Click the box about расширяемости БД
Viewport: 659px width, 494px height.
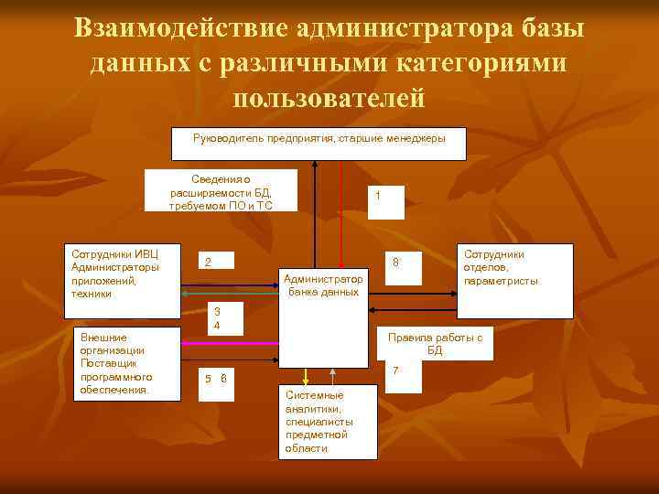[x=221, y=191]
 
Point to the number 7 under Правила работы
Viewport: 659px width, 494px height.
[x=395, y=370]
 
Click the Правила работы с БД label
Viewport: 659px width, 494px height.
[x=435, y=343]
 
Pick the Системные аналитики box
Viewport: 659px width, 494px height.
[x=325, y=421]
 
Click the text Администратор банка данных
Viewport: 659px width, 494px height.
[x=323, y=285]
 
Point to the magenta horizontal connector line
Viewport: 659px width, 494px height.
[x=230, y=342]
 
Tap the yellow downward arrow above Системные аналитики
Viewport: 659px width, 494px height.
[x=307, y=375]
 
